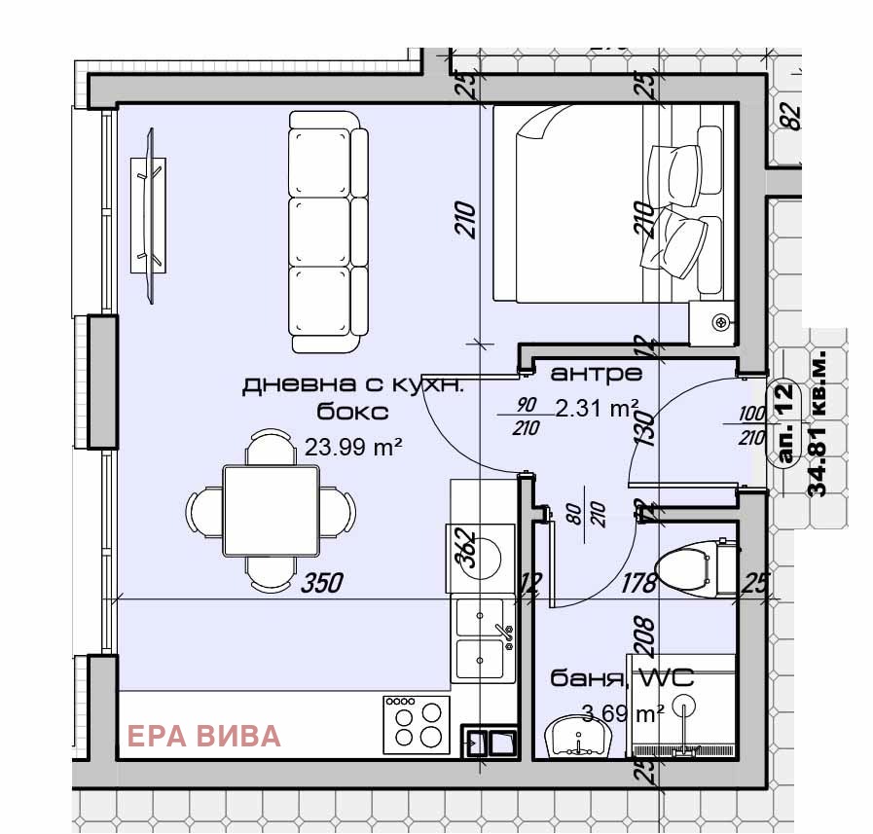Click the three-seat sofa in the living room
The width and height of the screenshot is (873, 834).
(329, 232)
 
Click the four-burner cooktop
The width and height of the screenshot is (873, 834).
(417, 725)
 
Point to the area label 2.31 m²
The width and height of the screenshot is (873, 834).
(597, 407)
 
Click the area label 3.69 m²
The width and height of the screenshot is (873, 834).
(623, 713)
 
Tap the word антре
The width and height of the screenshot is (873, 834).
(597, 373)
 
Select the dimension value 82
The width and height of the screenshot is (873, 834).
(793, 117)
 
